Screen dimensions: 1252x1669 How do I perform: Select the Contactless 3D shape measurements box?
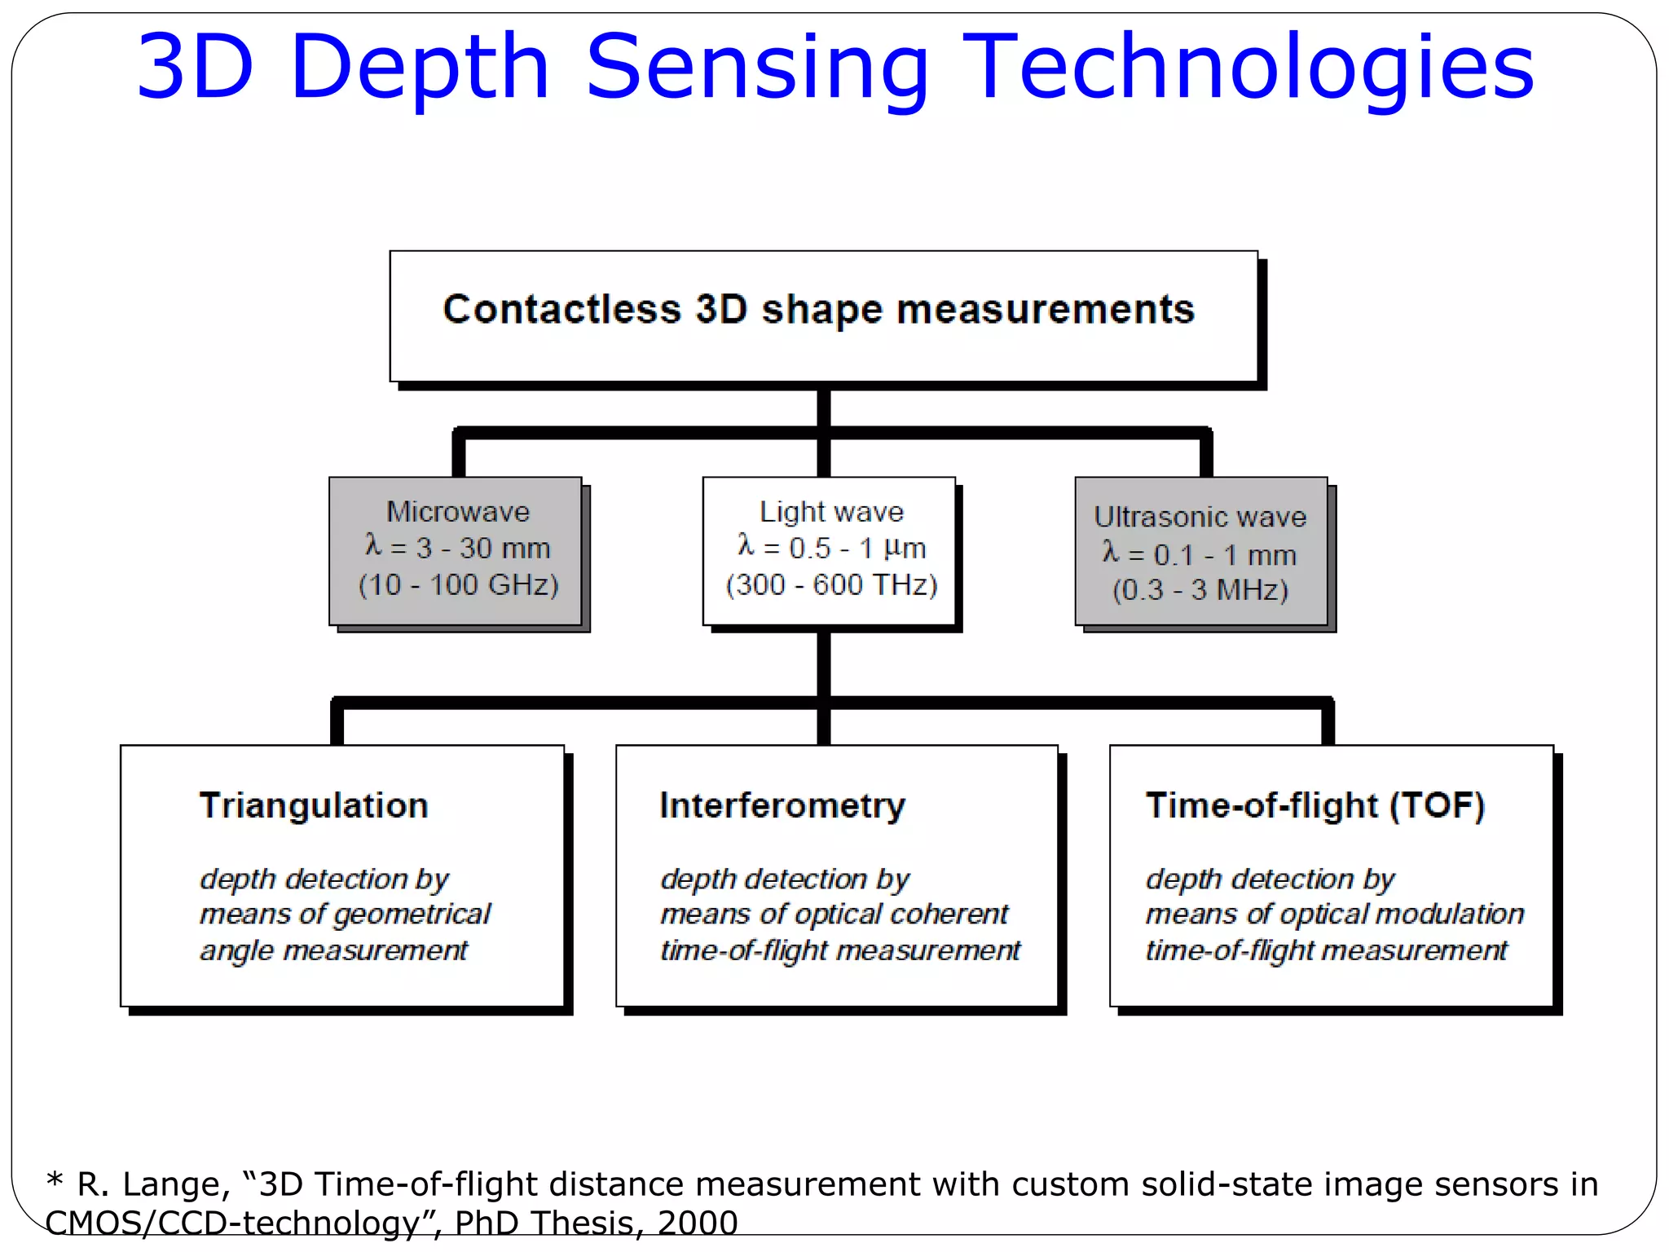[x=823, y=316]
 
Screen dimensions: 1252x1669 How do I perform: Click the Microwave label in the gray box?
[x=458, y=512]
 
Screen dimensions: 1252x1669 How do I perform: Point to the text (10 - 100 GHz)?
[x=458, y=584]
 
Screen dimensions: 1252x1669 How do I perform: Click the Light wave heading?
[x=831, y=512]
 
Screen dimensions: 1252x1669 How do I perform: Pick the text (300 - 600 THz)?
[x=831, y=584]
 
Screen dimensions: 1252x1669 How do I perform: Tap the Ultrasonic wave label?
[x=1200, y=517]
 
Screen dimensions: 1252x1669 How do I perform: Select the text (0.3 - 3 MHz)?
[x=1200, y=589]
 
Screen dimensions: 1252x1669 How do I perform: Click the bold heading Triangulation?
[x=314, y=805]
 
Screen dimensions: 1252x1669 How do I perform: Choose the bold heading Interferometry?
[x=782, y=805]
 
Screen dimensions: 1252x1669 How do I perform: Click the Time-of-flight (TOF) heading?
[x=1315, y=805]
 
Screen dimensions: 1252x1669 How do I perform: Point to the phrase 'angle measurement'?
[x=334, y=950]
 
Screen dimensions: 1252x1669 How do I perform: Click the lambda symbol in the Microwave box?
[x=373, y=544]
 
